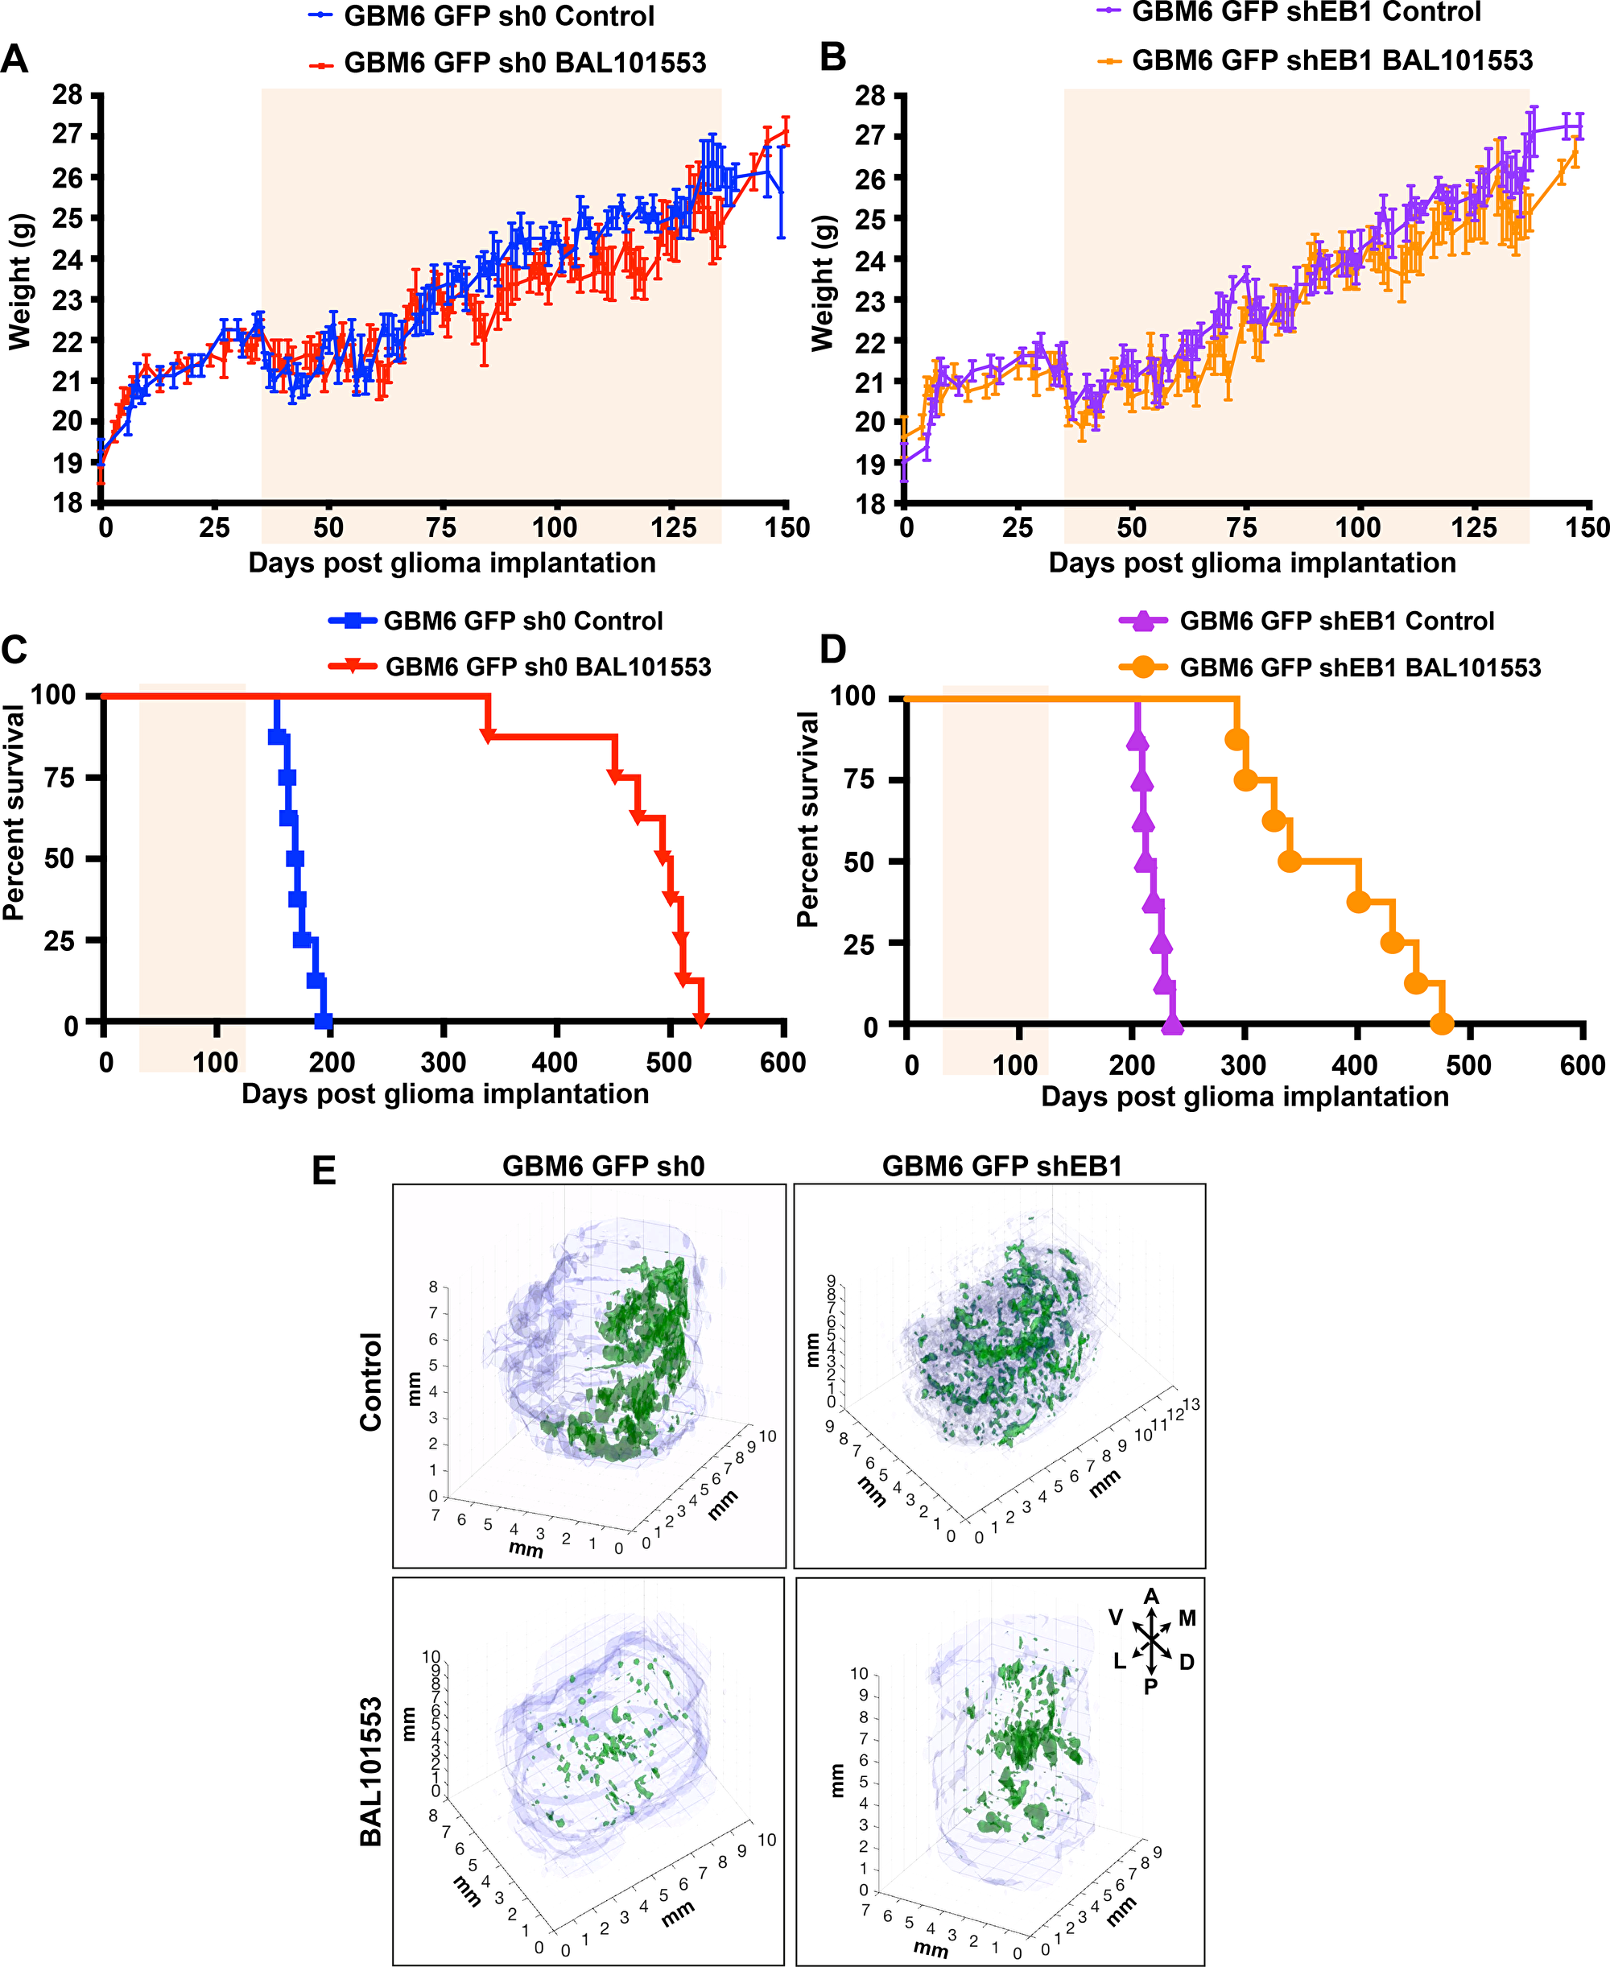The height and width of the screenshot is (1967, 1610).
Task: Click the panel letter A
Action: coord(14,60)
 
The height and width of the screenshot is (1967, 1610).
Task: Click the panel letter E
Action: coord(324,1171)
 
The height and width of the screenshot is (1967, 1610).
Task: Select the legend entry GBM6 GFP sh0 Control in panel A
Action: coord(499,16)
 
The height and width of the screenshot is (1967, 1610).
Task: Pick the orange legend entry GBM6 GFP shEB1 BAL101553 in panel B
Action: coord(1331,61)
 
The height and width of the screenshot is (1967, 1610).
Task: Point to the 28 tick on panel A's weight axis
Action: coord(68,93)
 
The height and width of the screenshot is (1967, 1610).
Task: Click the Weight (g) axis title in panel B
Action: coord(823,283)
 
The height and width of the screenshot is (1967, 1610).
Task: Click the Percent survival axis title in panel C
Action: coord(14,812)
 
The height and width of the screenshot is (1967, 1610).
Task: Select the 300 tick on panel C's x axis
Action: coord(444,1062)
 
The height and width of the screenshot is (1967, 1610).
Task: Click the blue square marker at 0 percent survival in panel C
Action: coord(323,1021)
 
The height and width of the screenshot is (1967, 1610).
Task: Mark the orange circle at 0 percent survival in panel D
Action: coord(1441,1024)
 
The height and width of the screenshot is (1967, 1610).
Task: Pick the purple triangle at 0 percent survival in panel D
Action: coord(1172,1024)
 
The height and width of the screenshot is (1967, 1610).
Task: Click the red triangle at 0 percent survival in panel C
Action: coord(701,1020)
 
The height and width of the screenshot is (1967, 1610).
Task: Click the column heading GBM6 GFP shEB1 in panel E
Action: coord(1001,1166)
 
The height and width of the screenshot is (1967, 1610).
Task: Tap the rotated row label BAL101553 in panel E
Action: coord(371,1772)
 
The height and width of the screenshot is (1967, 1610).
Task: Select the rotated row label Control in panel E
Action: coord(371,1382)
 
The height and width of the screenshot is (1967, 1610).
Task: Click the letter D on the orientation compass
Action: coord(1187,1662)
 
